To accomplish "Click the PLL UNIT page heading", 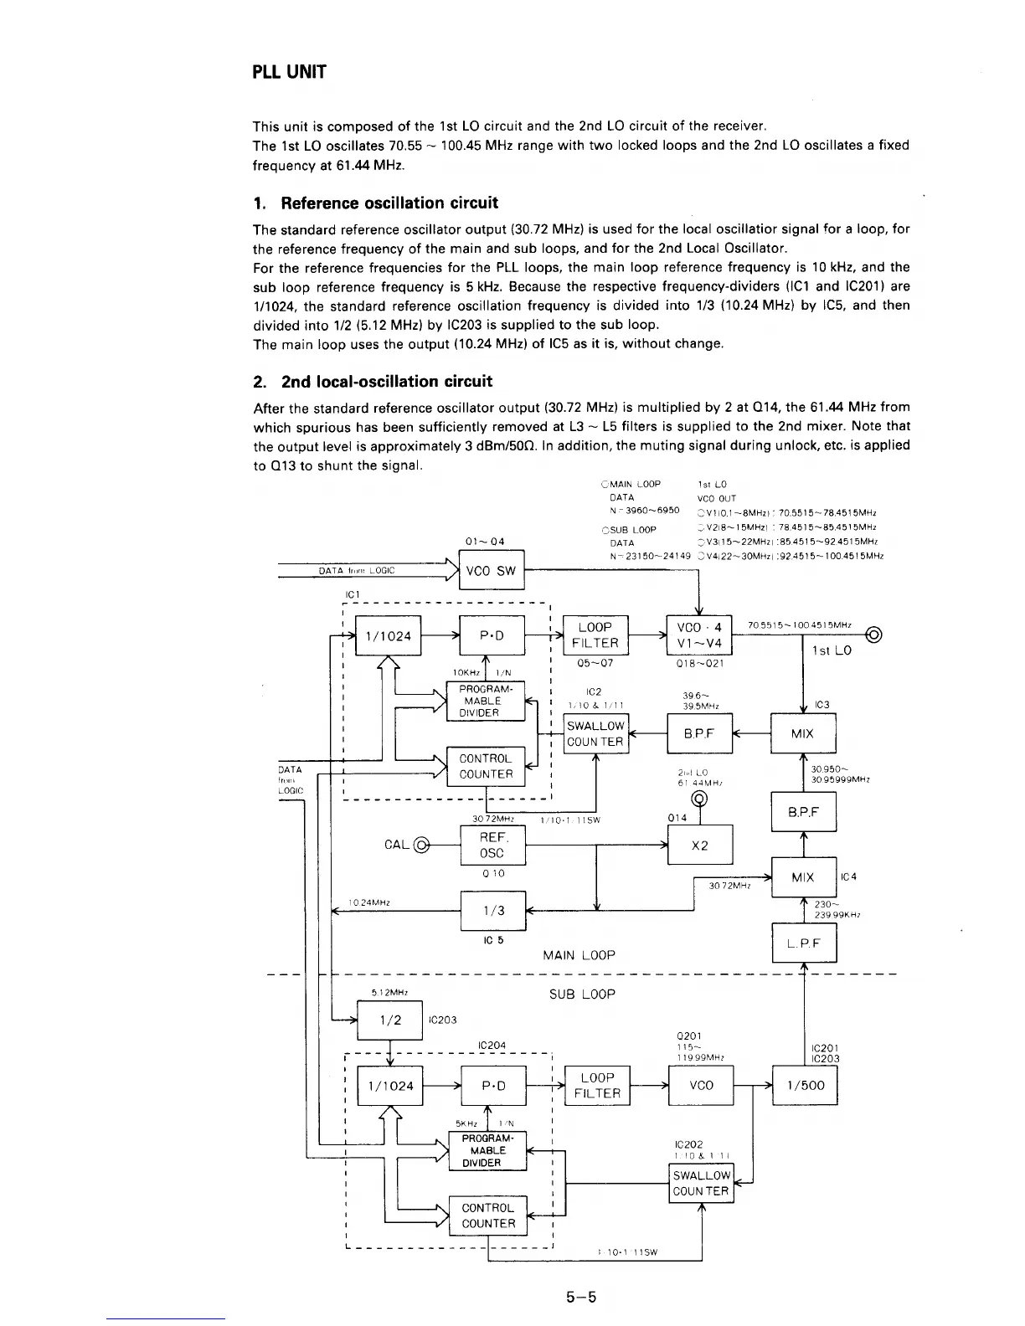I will (289, 72).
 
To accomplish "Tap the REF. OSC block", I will (492, 845).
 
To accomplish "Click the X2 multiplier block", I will (700, 845).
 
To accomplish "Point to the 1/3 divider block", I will (492, 911).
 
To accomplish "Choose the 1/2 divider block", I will (389, 1020).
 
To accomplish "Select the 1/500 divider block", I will (803, 1086).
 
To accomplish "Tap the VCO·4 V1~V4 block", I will (699, 635).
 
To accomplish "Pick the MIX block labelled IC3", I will (802, 734).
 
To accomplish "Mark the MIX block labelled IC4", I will (803, 877).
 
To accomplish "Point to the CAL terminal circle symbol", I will (421, 844).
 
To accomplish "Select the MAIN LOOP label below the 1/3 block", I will (579, 955).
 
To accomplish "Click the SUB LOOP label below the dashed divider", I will (582, 994).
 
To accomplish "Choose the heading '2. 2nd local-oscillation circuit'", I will (373, 382).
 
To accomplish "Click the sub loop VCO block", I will (700, 1086).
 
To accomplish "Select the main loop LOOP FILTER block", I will (595, 635).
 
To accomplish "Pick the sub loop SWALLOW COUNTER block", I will (701, 1184).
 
